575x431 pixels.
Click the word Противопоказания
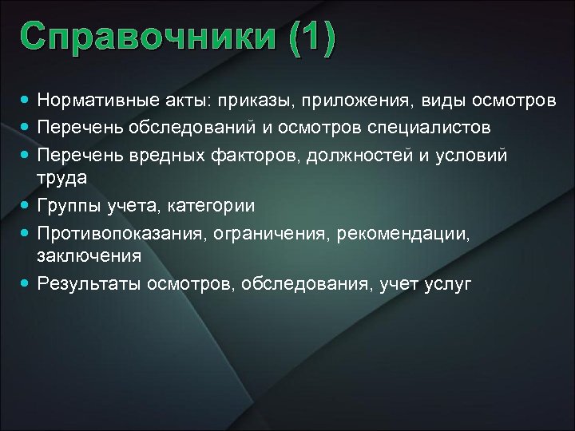click(x=107, y=232)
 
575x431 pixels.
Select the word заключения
click(x=89, y=256)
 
